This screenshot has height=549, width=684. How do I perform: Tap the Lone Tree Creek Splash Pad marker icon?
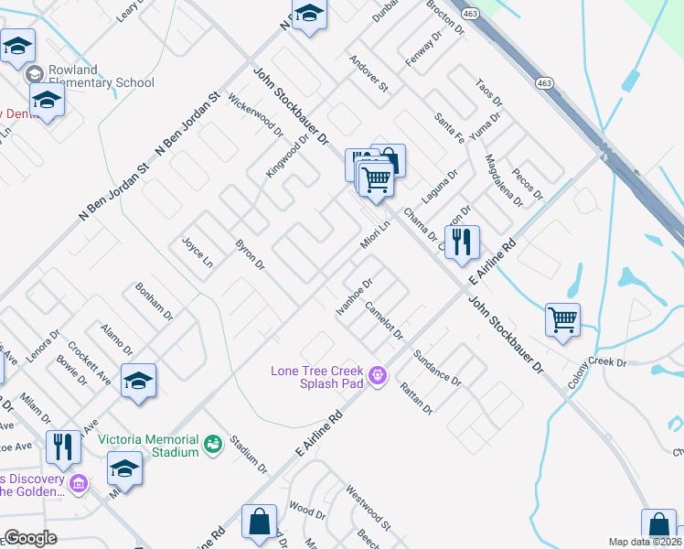pyautogui.click(x=375, y=374)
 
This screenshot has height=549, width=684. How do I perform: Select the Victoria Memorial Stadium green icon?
pyautogui.click(x=213, y=444)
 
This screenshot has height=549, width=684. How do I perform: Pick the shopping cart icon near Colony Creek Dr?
pyautogui.click(x=562, y=320)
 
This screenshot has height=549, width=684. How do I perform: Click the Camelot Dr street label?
pyautogui.click(x=382, y=320)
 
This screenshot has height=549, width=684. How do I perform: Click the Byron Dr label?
pyautogui.click(x=250, y=255)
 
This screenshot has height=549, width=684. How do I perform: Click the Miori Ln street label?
pyautogui.click(x=375, y=231)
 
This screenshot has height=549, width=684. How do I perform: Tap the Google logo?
pyautogui.click(x=30, y=538)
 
